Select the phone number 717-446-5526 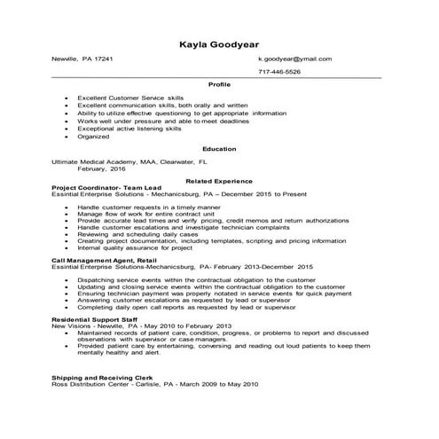279,71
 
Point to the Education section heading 219,149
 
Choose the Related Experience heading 219,180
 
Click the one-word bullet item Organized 93,137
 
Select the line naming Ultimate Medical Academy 129,162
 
